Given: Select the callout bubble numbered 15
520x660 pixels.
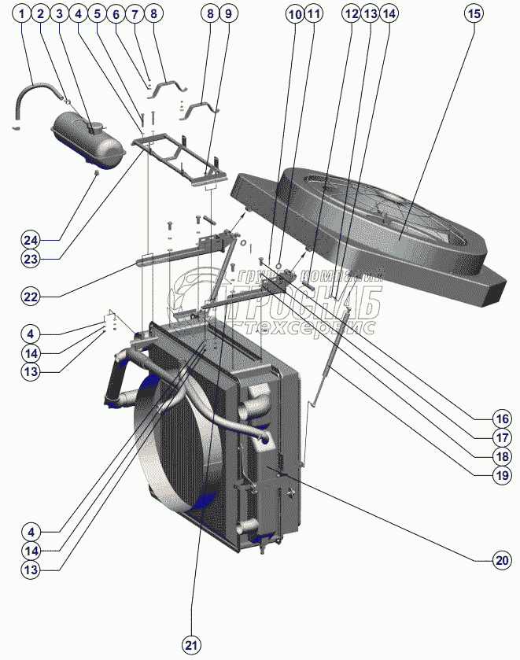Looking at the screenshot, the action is pyautogui.click(x=472, y=13).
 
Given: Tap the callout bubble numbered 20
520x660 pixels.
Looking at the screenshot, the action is pyautogui.click(x=502, y=561).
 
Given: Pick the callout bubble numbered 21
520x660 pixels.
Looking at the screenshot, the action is pyautogui.click(x=190, y=645).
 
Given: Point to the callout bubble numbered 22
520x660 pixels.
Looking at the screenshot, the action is pyautogui.click(x=31, y=297).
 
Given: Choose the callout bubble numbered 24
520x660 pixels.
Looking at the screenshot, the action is pyautogui.click(x=31, y=239).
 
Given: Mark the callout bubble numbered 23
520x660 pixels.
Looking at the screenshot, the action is pyautogui.click(x=31, y=257).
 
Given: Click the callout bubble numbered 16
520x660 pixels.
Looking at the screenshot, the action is pyautogui.click(x=502, y=418).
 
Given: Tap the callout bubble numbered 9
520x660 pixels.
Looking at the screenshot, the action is pyautogui.click(x=227, y=13).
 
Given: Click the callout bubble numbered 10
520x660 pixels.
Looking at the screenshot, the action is pyautogui.click(x=294, y=13).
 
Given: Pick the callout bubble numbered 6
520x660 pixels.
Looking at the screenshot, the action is pyautogui.click(x=116, y=13).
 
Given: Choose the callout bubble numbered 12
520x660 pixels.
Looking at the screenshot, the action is pyautogui.click(x=350, y=13).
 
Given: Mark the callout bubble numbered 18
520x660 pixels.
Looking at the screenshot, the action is pyautogui.click(x=502, y=455).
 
